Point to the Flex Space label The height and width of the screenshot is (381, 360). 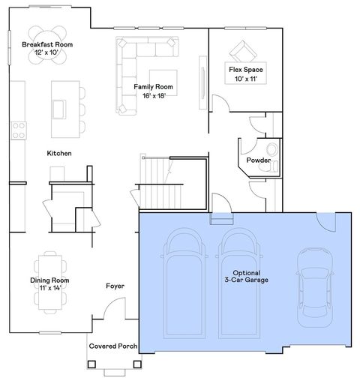coord(245,73)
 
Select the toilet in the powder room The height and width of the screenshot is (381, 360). coord(271,151)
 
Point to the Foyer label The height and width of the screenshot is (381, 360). coord(115,286)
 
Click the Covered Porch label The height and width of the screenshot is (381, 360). coord(112,346)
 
